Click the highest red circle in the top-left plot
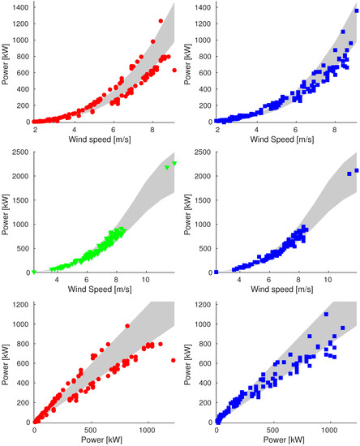(x=161, y=21)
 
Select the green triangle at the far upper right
(x=174, y=164)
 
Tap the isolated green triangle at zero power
(x=34, y=272)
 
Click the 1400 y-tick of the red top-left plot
(x=19, y=6)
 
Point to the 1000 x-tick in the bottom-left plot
(x=147, y=430)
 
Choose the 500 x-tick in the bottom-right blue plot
(x=272, y=430)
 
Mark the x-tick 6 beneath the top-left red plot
(x=114, y=129)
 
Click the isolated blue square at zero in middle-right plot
(x=216, y=272)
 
